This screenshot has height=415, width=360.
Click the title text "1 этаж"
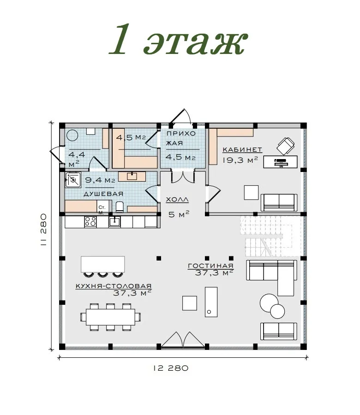point(178,40)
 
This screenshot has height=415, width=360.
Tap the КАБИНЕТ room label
point(242,150)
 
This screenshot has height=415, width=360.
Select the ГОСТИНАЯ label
point(210,266)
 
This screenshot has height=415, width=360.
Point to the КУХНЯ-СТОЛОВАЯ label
point(114,286)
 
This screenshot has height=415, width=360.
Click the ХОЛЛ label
point(177,200)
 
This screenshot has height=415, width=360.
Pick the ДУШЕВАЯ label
point(103,194)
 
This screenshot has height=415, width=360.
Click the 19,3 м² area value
point(240,160)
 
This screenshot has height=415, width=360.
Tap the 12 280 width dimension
point(171,368)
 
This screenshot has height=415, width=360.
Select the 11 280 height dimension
point(43,230)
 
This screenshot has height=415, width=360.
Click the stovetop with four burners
point(90,222)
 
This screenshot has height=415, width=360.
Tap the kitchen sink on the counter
point(114,221)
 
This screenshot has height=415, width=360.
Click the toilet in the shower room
point(120,207)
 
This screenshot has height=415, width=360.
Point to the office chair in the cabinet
point(286,146)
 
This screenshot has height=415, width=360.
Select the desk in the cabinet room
point(280,162)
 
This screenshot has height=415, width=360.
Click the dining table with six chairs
point(110,317)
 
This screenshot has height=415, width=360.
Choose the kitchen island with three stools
point(103,266)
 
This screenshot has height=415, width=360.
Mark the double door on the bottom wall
point(183,339)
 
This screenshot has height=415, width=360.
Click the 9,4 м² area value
point(100,180)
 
